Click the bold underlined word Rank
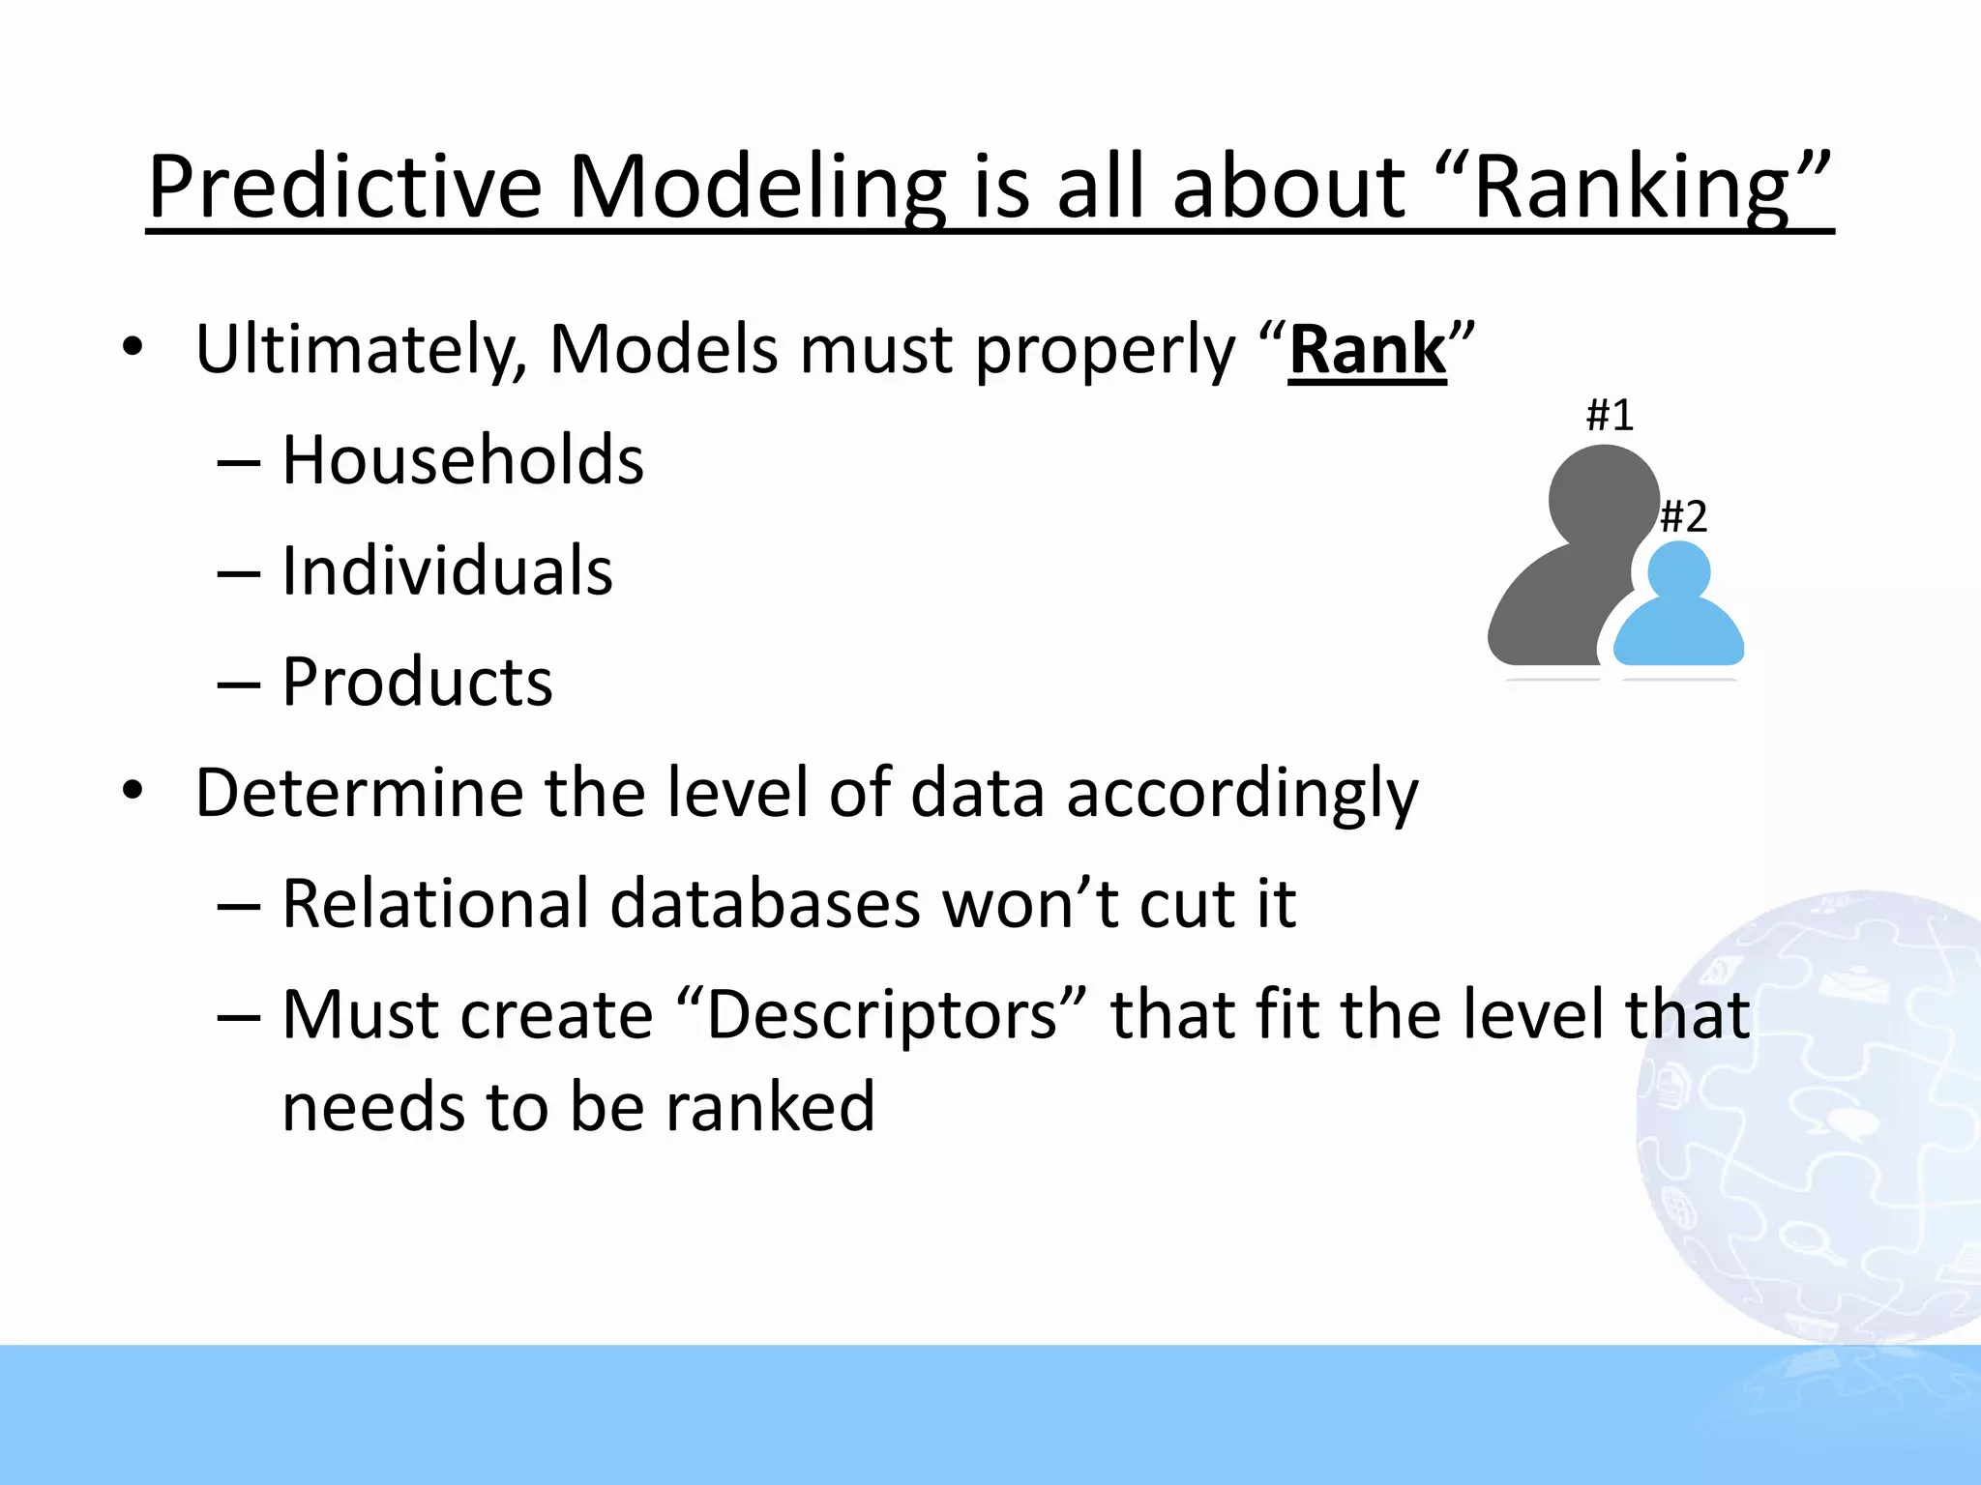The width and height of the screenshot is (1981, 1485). click(x=1368, y=350)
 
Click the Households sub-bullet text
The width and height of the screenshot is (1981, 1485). click(x=462, y=460)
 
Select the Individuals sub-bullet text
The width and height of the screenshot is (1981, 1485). click(x=447, y=571)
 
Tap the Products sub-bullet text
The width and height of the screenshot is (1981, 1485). click(x=417, y=683)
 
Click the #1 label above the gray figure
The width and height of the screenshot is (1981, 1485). click(x=1610, y=416)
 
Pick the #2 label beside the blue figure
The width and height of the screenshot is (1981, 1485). click(x=1683, y=517)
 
